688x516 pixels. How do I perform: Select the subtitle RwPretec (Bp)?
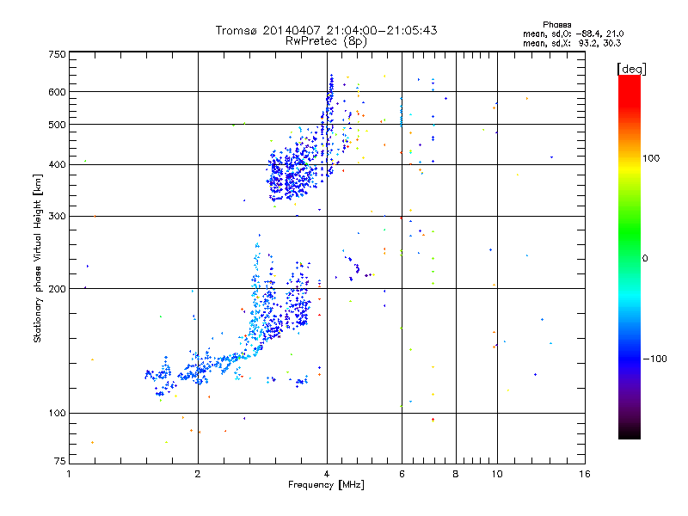[x=327, y=40]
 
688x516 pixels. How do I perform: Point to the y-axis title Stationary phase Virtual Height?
[x=38, y=258]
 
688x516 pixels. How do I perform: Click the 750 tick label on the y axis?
[x=57, y=53]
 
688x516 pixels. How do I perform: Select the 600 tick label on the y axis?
[x=57, y=92]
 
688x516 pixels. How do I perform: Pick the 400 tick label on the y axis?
[x=57, y=165]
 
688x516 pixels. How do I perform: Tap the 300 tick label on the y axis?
[x=57, y=216]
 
